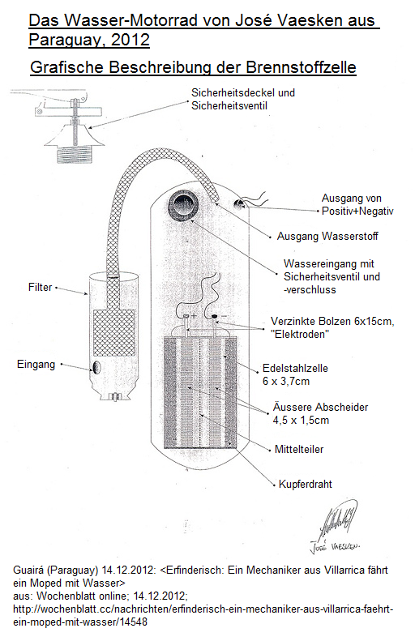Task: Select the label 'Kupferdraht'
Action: pyautogui.click(x=305, y=484)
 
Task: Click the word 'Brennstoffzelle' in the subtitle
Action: pyautogui.click(x=297, y=67)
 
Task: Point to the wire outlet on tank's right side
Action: pyautogui.click(x=240, y=203)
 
